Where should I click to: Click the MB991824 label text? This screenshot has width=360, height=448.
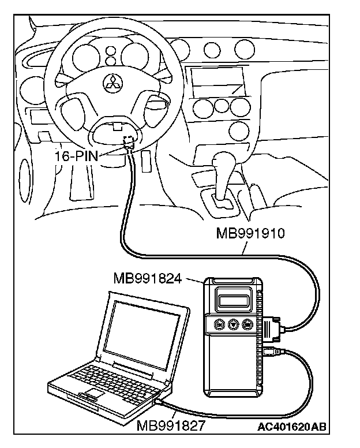tap(148, 280)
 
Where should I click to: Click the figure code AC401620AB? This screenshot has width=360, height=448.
tap(292, 428)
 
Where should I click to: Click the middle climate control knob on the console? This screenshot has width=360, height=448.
tap(221, 106)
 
